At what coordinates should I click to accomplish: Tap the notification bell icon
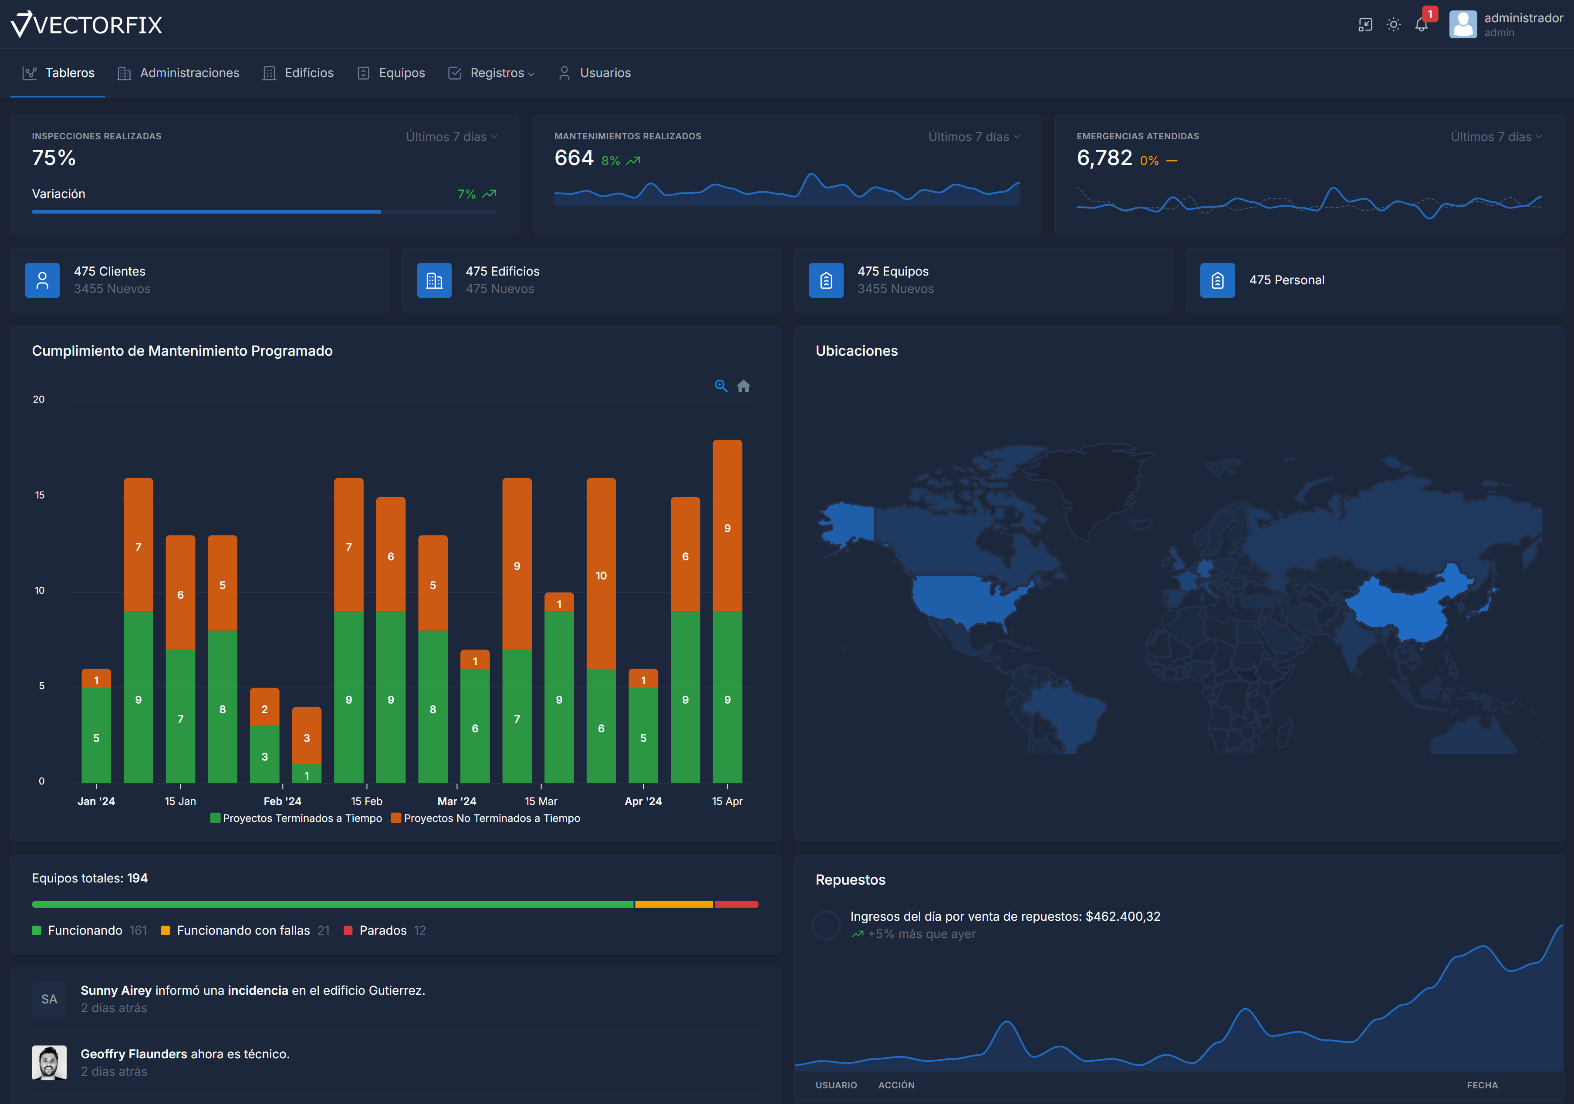click(x=1421, y=25)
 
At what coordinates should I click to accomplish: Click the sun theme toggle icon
click(x=1393, y=25)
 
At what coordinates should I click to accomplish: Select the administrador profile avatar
click(x=1463, y=25)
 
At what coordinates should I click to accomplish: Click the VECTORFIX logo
click(x=87, y=25)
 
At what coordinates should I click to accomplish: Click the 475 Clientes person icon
click(x=43, y=280)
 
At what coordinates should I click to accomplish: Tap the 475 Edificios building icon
click(x=434, y=280)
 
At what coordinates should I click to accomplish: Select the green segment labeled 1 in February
click(x=307, y=774)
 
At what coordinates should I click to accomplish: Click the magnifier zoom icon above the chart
click(x=720, y=386)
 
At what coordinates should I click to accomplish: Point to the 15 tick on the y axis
click(x=40, y=495)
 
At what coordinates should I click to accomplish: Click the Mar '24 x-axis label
click(x=456, y=801)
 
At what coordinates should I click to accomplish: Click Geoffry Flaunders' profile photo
click(x=49, y=1062)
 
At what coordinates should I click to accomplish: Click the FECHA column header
click(x=1482, y=1085)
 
